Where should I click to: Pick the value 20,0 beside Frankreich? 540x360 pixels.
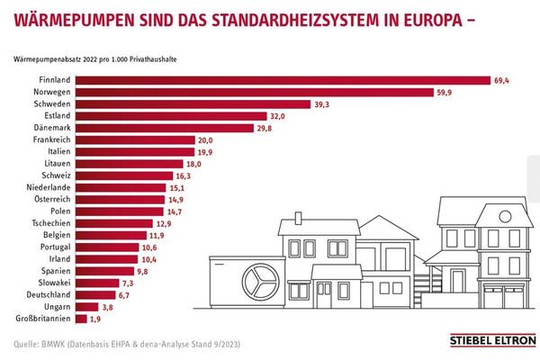click(x=205, y=139)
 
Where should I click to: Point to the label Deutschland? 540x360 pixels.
click(x=48, y=293)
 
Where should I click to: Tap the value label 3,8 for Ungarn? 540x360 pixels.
click(x=108, y=306)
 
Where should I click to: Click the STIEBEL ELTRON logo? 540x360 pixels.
click(x=491, y=341)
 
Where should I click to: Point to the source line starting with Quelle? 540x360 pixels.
click(x=127, y=344)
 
